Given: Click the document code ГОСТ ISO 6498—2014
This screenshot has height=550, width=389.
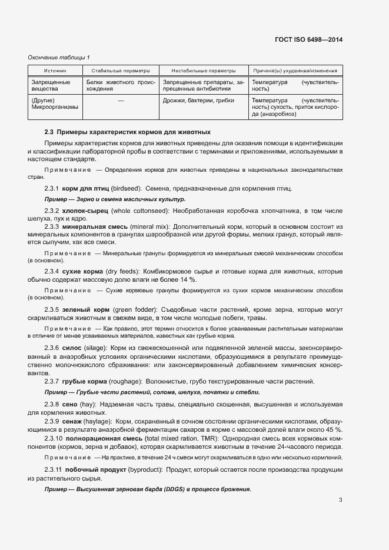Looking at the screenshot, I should [x=309, y=39].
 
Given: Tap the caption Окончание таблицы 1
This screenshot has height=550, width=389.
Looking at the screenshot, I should [x=59, y=57].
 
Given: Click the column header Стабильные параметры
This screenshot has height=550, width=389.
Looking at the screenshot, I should [x=121, y=70].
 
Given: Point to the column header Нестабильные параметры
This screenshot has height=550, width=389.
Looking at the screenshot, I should [x=204, y=70].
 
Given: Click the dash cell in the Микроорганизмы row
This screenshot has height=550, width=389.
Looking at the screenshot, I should [x=121, y=101].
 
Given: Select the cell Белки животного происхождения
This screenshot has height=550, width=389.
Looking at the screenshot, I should [x=121, y=86].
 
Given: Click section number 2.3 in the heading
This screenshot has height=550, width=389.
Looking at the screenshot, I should [x=49, y=131].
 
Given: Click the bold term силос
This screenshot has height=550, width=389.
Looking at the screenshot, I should [x=71, y=349].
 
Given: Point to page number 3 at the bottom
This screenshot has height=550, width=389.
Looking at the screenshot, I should [x=340, y=501].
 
